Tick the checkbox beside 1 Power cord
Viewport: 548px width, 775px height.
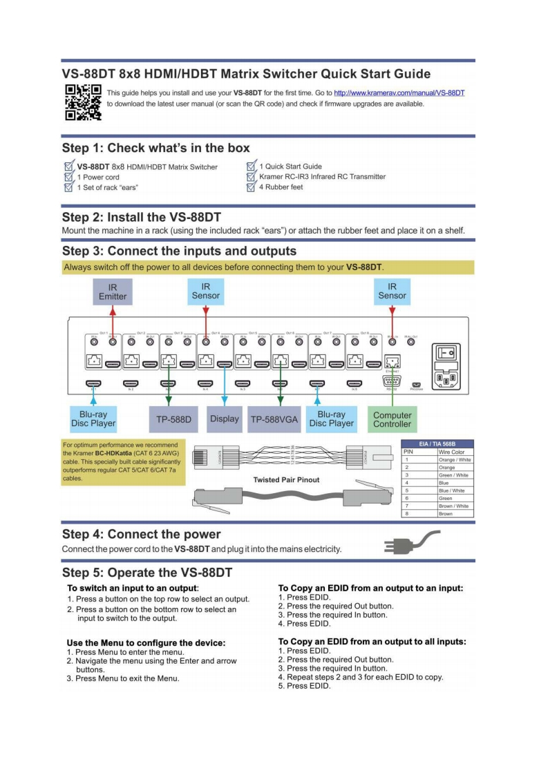[x=68, y=177]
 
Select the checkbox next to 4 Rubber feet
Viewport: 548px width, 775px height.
[x=252, y=187]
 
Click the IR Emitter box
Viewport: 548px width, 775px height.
[x=113, y=291]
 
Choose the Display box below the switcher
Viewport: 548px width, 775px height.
[x=224, y=419]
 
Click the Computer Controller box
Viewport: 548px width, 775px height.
[x=392, y=419]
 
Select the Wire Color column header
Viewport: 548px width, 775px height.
[x=452, y=451]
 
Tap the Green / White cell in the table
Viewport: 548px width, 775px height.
[x=453, y=475]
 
